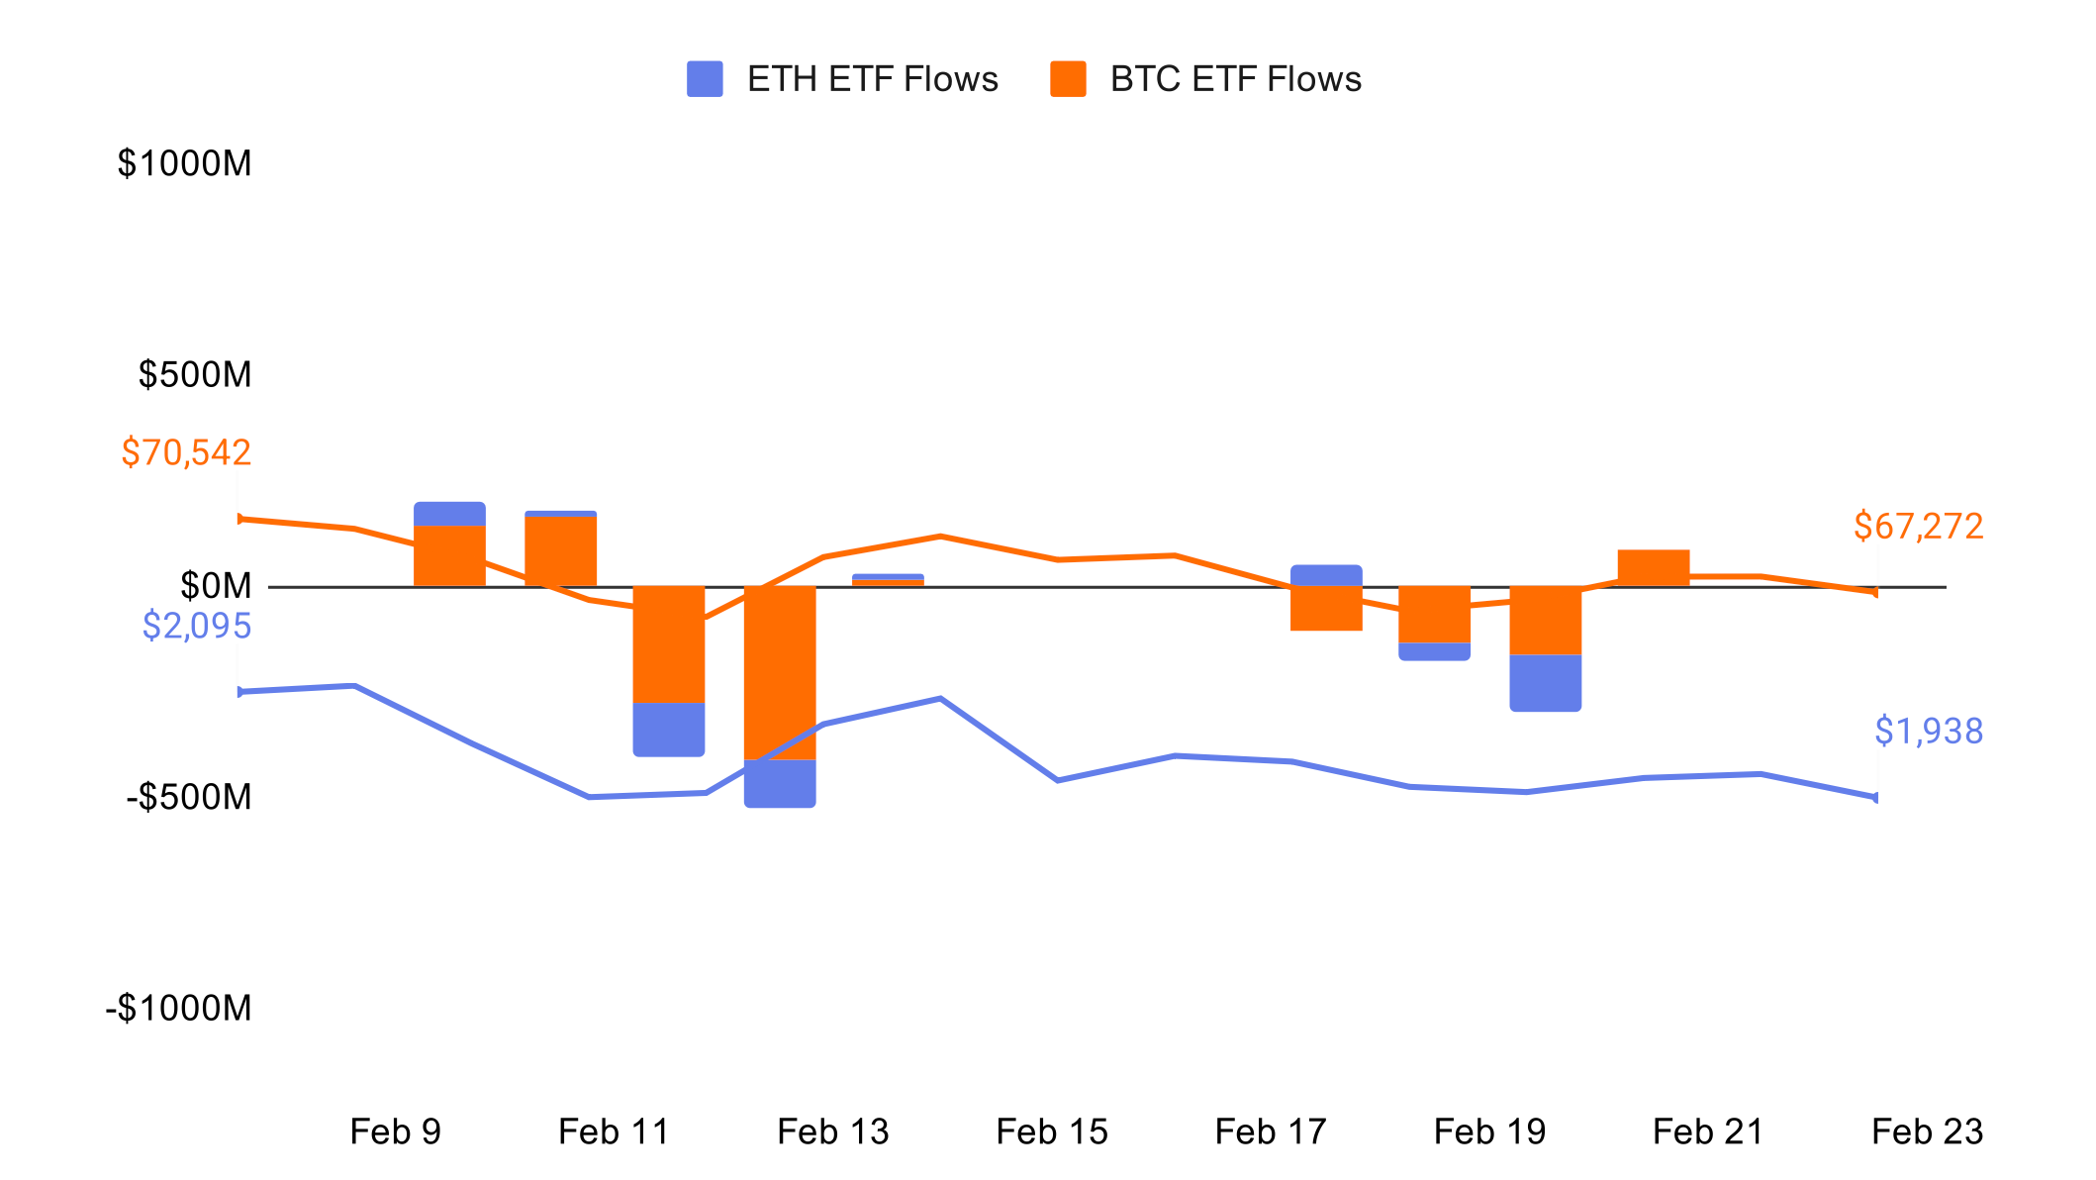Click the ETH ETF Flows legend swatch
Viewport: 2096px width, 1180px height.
(x=705, y=79)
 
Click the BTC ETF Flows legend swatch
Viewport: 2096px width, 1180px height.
(x=1068, y=79)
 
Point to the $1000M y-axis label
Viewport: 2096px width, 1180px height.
(x=184, y=163)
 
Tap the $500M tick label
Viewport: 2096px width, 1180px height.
(x=195, y=374)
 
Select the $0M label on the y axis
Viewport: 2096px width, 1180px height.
(x=216, y=586)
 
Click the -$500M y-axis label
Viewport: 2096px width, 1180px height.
(x=189, y=797)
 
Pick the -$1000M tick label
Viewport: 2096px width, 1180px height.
(x=179, y=1008)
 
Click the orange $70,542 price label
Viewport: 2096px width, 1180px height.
(x=186, y=452)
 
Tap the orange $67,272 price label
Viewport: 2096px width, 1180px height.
(x=1918, y=527)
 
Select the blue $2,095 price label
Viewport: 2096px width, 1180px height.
(x=196, y=626)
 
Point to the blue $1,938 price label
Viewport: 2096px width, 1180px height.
(x=1928, y=732)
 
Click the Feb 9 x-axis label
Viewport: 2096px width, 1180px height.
(x=395, y=1131)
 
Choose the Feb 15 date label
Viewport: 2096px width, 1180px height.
(x=1052, y=1131)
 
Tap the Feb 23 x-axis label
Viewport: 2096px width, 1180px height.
(x=1927, y=1131)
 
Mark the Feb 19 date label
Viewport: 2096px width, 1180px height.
(x=1489, y=1131)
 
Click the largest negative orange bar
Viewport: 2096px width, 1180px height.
(x=780, y=673)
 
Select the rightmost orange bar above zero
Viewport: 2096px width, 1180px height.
(x=1653, y=568)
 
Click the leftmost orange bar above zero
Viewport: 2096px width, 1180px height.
(x=449, y=556)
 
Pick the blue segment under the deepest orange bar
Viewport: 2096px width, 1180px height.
(x=780, y=783)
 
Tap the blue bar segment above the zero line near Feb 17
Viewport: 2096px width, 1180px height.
(x=1326, y=575)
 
